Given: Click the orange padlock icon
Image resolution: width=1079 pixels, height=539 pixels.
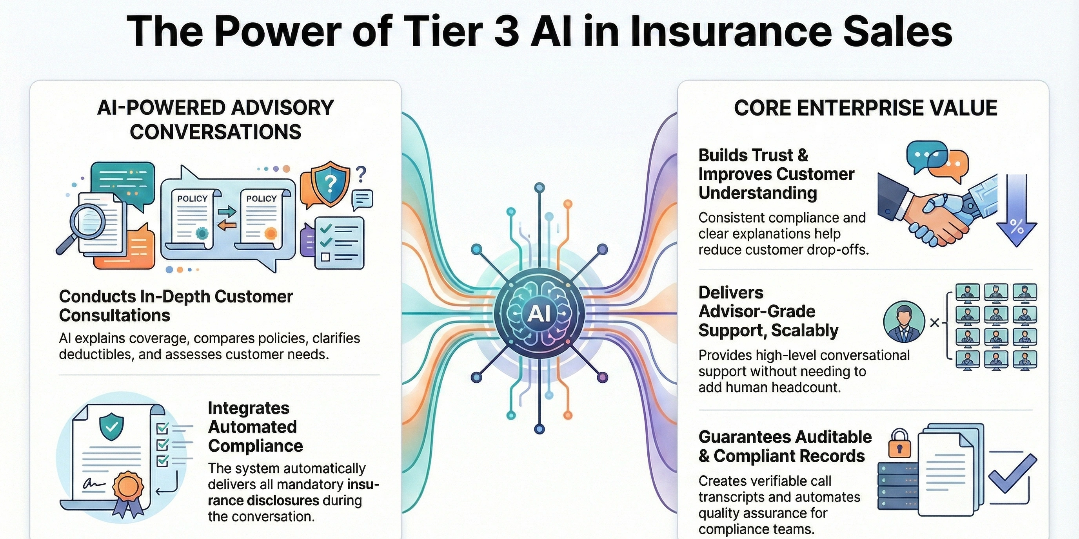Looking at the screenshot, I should pyautogui.click(x=899, y=445).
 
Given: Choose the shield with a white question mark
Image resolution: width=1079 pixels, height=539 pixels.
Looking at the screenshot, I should pyautogui.click(x=331, y=183).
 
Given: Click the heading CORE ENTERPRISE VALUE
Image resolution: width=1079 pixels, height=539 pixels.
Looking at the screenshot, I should pyautogui.click(x=865, y=108).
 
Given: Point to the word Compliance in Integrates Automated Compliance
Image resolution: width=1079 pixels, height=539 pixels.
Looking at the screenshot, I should pyautogui.click(x=256, y=446).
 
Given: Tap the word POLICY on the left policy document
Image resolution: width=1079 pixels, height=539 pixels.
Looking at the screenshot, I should pyautogui.click(x=192, y=199).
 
